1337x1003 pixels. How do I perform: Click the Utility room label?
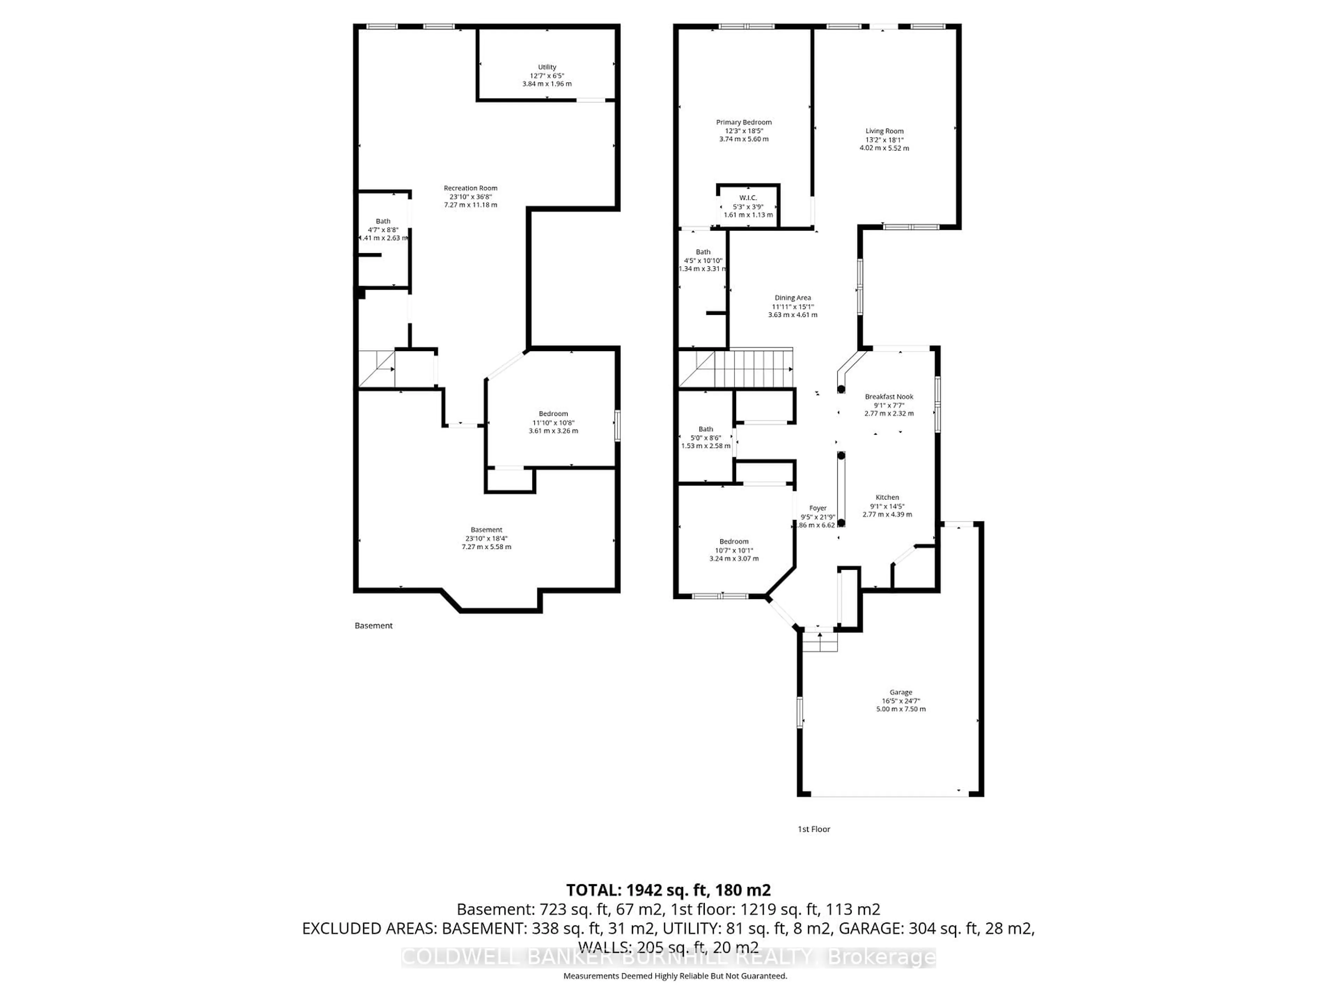point(547,67)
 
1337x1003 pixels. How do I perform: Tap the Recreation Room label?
point(470,188)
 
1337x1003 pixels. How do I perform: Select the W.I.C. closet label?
point(748,198)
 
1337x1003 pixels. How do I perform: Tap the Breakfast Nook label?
point(889,397)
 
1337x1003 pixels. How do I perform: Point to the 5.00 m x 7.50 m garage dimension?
point(901,709)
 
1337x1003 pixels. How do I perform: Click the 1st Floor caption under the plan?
point(814,829)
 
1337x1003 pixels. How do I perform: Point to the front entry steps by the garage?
point(820,642)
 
